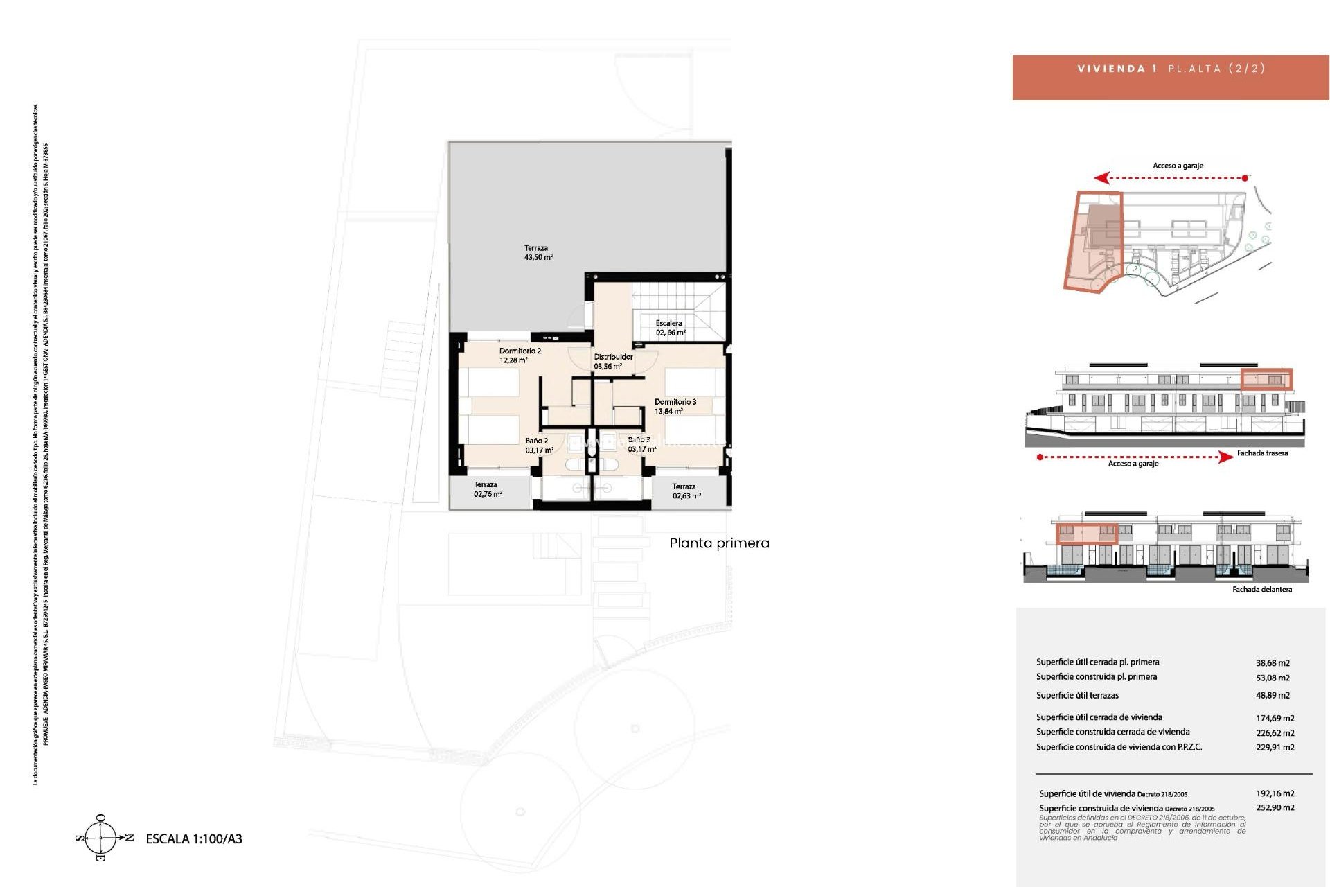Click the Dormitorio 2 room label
coord(520,355)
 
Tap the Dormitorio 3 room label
coord(675,406)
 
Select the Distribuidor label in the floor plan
coord(612,361)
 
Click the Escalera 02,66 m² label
coord(670,328)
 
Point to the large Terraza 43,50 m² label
coord(538,252)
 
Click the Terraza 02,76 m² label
coord(487,489)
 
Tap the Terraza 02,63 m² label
coord(686,491)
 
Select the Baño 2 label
coord(538,445)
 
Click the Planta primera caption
coord(719,543)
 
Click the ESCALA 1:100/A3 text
coord(194,838)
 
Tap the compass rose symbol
coord(101,838)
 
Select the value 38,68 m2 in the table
coord(1273,663)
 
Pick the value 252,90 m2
coord(1275,807)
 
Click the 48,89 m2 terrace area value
coord(1273,695)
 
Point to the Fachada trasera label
coord(1262,453)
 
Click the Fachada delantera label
coord(1261,590)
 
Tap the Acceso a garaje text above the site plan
coord(1178,166)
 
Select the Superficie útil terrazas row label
coord(1077,695)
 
